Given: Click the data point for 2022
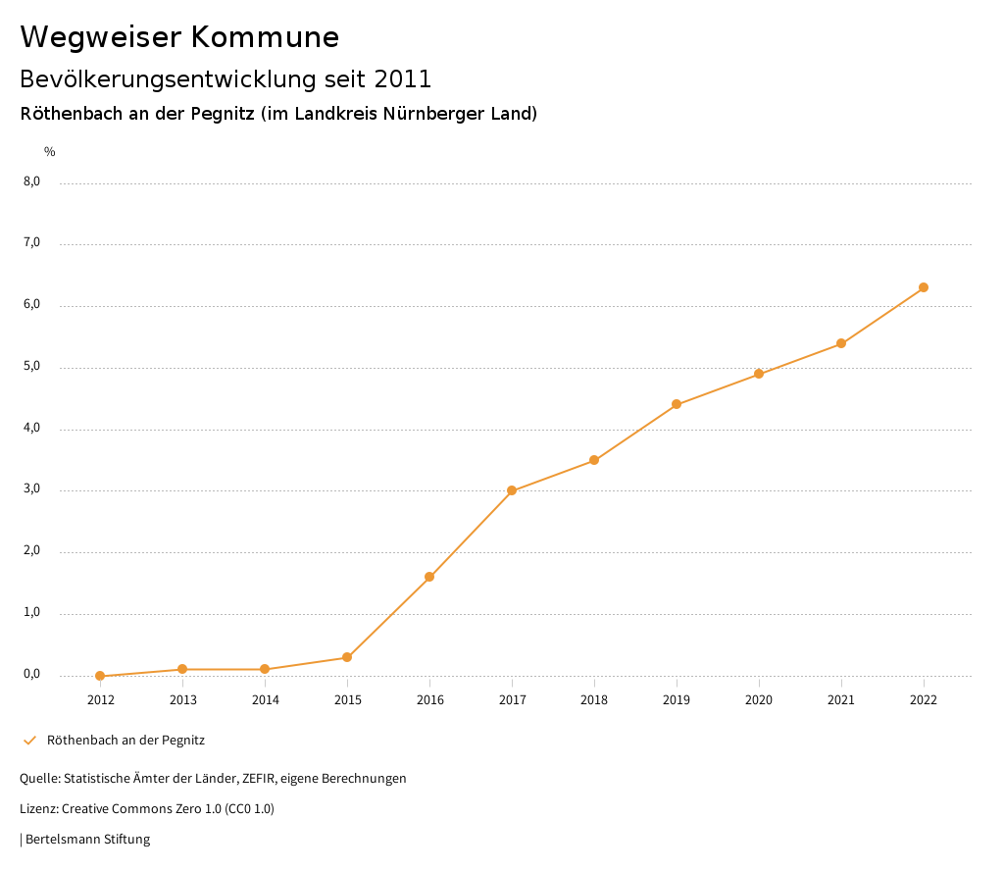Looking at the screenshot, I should tap(924, 287).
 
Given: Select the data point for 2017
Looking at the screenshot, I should tap(512, 490).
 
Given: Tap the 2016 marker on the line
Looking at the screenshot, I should tap(429, 577).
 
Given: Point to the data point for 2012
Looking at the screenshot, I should tap(100, 676).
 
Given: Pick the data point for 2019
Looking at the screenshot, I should tap(677, 404).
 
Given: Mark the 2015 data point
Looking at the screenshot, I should tap(347, 657).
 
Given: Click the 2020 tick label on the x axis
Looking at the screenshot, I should tap(759, 699).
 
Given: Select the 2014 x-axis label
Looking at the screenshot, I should tap(265, 699).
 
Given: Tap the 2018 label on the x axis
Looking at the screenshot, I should tap(594, 699).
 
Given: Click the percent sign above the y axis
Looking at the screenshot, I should tap(50, 151).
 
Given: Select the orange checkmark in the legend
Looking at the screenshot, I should tap(29, 741).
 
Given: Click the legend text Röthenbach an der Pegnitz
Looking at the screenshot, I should tap(125, 741).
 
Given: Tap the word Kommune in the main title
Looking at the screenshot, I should tap(265, 37).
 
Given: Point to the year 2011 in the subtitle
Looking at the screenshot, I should tap(403, 78).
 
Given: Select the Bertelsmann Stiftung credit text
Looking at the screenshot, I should tap(87, 840).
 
